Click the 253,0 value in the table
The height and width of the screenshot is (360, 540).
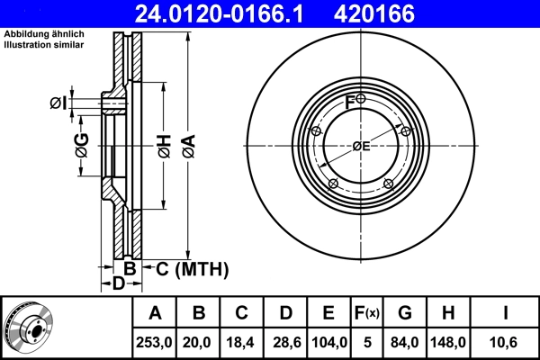pos(155,342)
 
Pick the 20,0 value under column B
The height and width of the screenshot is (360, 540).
pos(199,342)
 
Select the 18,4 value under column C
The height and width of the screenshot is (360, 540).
pos(242,342)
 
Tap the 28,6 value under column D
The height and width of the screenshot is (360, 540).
pos(285,342)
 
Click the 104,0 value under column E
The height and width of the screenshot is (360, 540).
pos(328,342)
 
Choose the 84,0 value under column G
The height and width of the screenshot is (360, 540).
pos(405,342)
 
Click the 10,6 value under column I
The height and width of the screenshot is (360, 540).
pos(507,342)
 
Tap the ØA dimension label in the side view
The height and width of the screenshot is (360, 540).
pos(187,144)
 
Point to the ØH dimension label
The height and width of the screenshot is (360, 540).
pos(164,144)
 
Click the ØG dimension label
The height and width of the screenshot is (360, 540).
pos(81,144)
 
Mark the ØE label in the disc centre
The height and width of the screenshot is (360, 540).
pos(361,146)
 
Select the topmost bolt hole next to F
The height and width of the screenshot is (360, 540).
pos(360,98)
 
